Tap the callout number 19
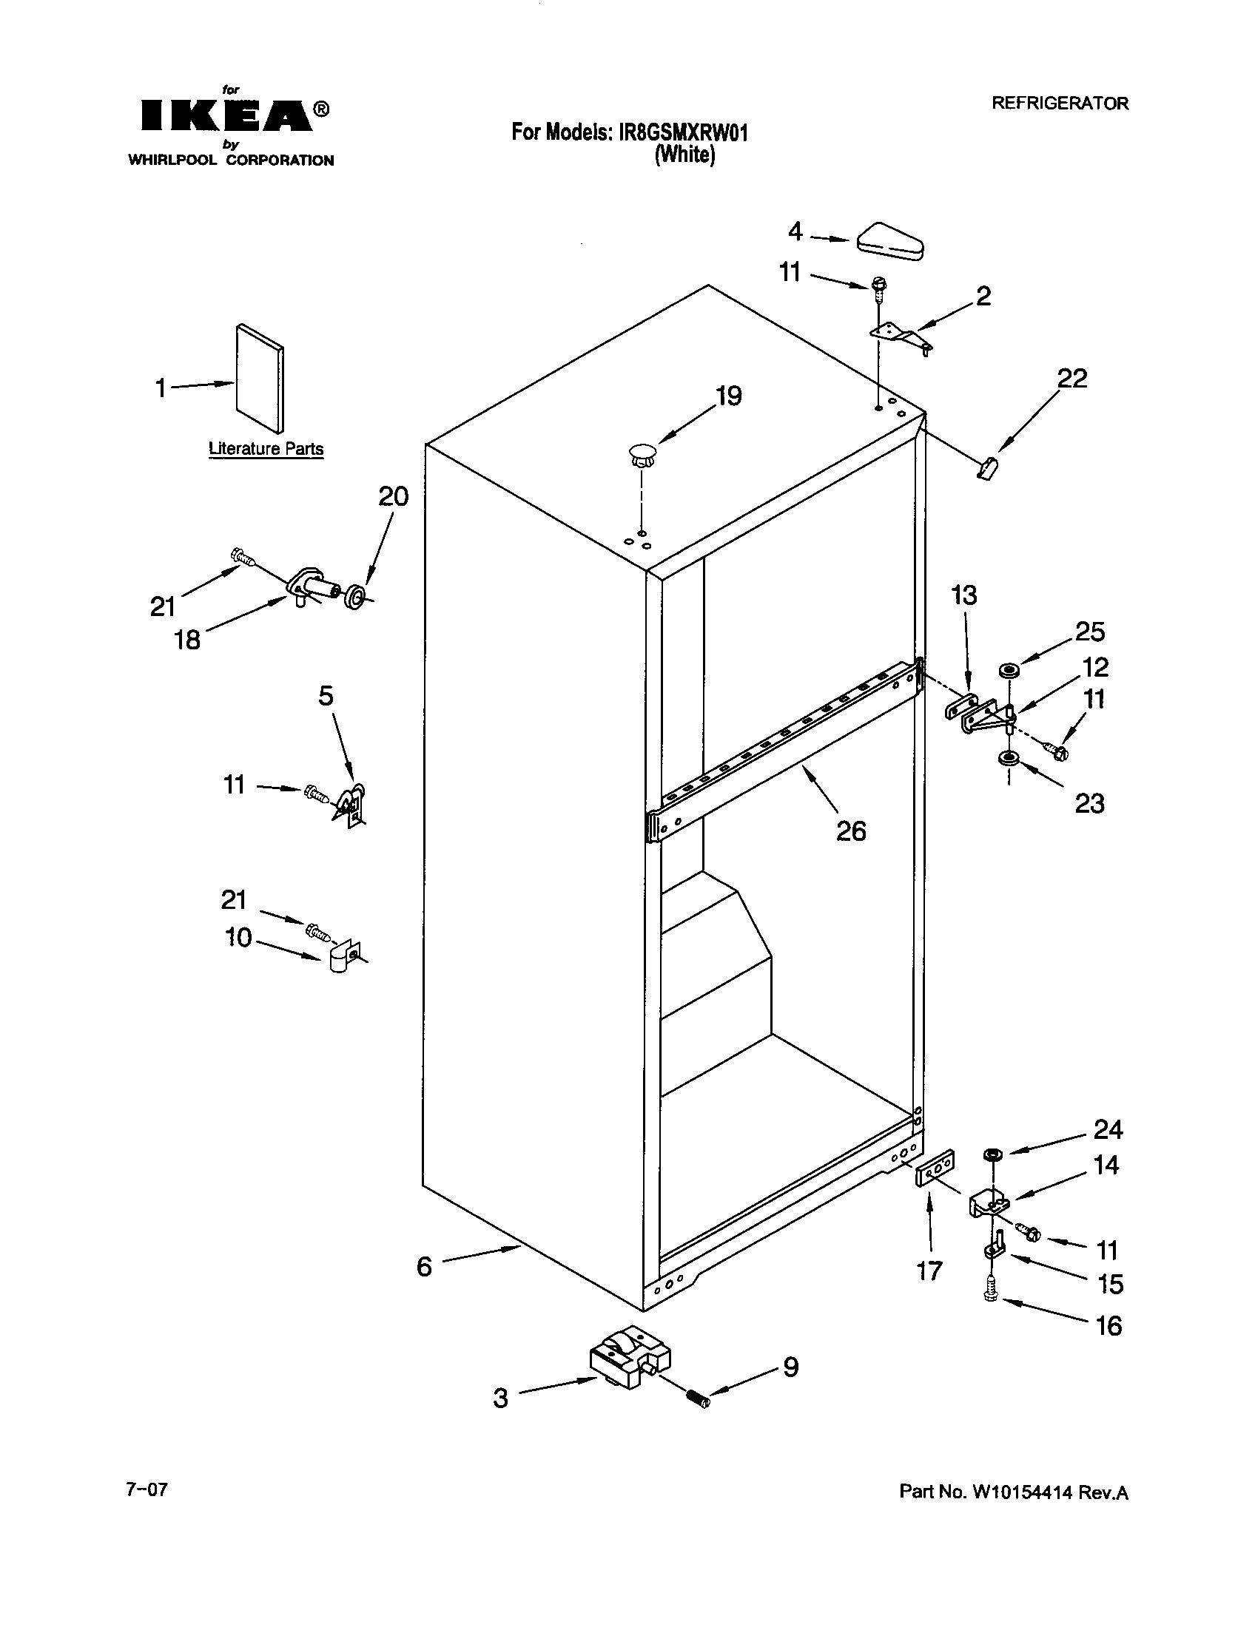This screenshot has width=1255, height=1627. (x=728, y=396)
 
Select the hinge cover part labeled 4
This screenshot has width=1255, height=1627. (x=892, y=240)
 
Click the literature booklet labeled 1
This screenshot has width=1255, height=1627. (x=259, y=378)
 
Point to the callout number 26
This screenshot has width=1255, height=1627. (x=851, y=830)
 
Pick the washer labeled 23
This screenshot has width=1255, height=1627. (x=1009, y=759)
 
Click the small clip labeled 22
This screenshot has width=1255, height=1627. (x=986, y=469)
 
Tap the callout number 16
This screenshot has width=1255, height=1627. (x=1108, y=1325)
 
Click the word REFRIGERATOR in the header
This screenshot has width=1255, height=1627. (x=1059, y=104)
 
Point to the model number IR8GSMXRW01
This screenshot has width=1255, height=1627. (x=683, y=132)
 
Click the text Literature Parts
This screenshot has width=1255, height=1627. (x=266, y=448)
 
